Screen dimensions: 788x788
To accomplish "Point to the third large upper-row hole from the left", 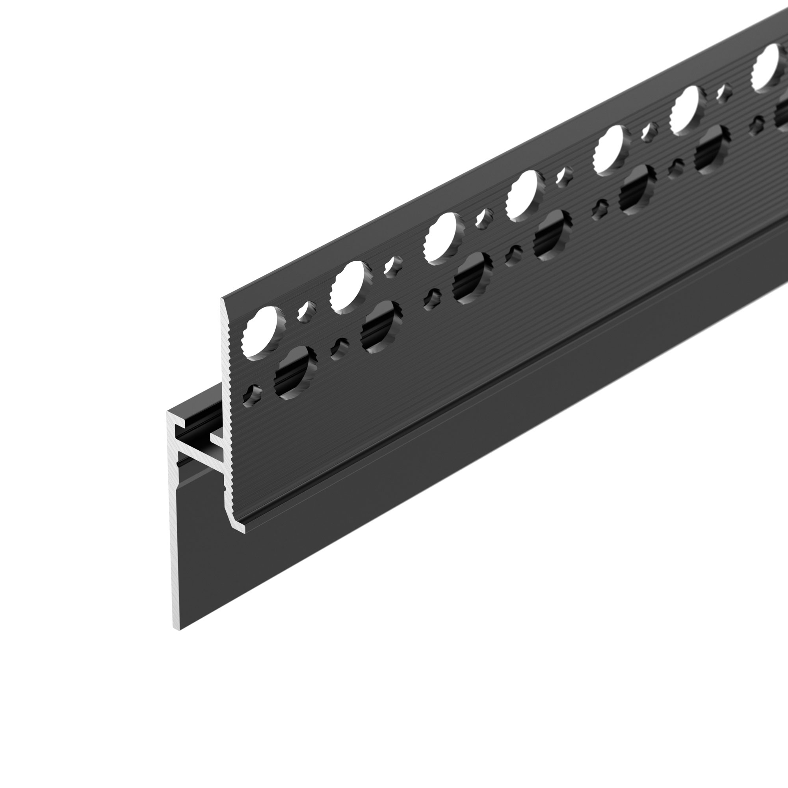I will point(443,239).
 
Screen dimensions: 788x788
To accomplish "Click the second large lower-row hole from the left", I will point(381,326).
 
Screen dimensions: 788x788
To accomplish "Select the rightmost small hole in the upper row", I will point(723,93).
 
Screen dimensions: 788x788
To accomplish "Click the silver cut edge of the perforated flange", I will point(227,408).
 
